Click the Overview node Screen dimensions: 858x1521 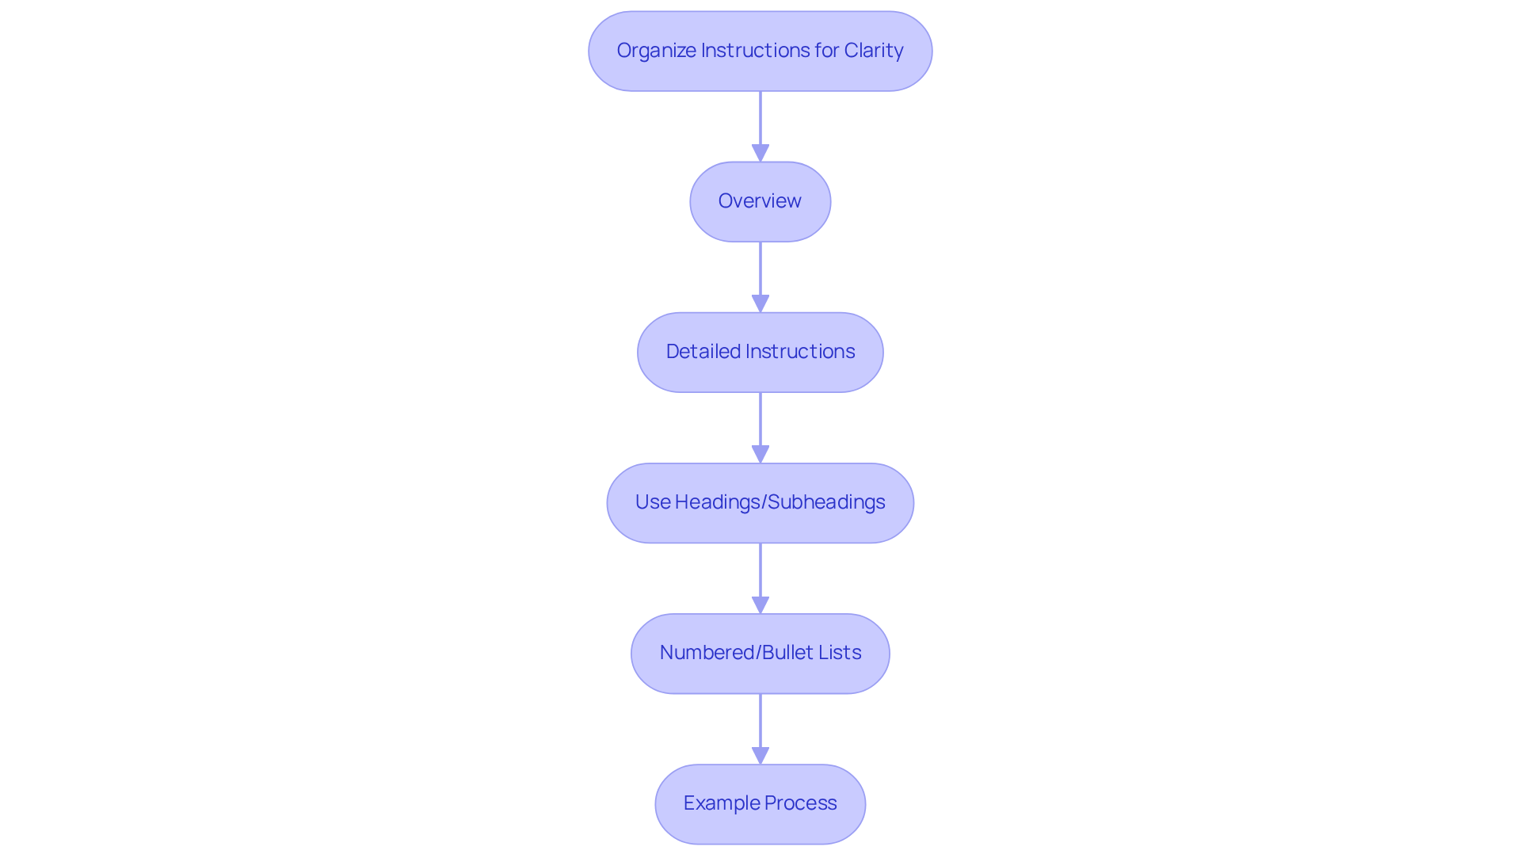pos(760,201)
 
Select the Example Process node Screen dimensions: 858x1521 pos(760,803)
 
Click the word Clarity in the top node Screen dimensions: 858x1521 pos(873,51)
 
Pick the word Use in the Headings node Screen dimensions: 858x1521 pos(653,502)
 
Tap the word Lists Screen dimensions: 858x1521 pos(840,653)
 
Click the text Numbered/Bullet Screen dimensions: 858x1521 pos(738,653)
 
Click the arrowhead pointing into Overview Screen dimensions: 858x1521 pos(760,153)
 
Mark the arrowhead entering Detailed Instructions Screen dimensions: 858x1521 pos(760,303)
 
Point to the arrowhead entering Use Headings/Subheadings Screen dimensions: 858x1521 pos(760,454)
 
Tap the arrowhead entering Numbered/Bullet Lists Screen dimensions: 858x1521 pos(760,604)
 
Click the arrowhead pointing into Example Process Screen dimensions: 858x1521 pos(760,755)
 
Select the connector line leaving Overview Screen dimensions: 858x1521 pos(760,268)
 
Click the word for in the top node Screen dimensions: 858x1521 pos(826,51)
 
